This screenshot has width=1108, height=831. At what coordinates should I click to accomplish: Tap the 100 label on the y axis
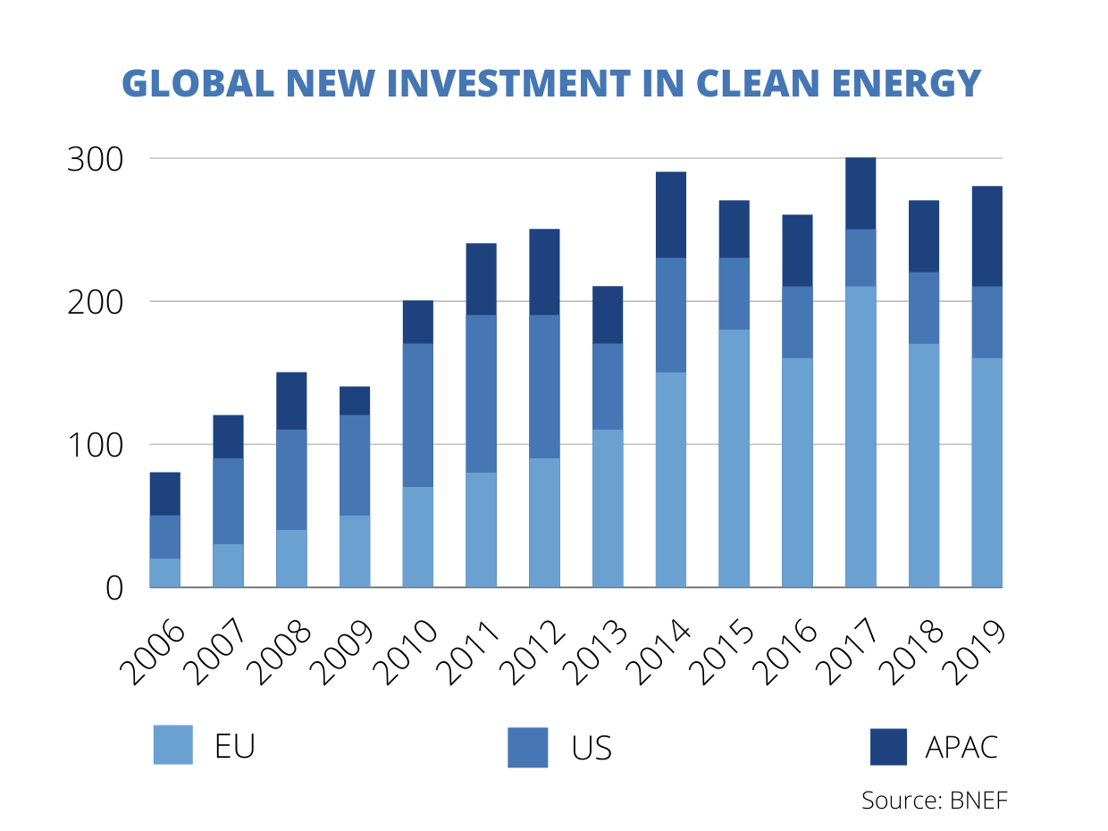click(x=96, y=445)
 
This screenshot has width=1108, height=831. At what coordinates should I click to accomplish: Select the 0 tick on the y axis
click(x=113, y=588)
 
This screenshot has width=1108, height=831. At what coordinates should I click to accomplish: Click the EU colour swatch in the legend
click(x=172, y=745)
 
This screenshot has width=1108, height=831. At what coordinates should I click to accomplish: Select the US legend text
click(x=592, y=748)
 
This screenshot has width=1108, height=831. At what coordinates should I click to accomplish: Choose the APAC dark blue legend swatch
click(x=888, y=747)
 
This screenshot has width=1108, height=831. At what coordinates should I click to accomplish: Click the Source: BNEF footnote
click(x=934, y=800)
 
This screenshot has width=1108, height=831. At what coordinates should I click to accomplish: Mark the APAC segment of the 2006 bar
click(x=164, y=493)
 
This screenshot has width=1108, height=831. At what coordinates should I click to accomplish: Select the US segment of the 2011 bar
click(x=481, y=393)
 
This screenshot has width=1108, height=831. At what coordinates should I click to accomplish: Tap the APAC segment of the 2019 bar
click(x=986, y=236)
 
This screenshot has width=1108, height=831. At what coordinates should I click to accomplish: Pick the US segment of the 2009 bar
click(x=355, y=465)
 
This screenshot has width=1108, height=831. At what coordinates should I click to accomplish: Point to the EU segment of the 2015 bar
click(x=734, y=457)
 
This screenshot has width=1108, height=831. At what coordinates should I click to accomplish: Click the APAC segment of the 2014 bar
click(x=670, y=214)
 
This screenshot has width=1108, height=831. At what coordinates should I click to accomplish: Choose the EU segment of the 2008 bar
click(x=291, y=558)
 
